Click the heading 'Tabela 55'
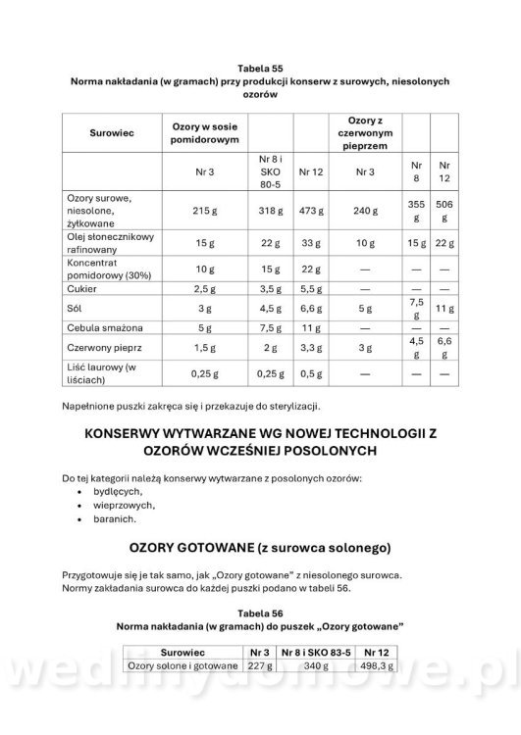[x=260, y=67]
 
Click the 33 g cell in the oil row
[x=310, y=242]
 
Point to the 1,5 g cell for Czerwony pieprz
[x=206, y=348]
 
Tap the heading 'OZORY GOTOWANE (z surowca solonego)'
[x=260, y=546]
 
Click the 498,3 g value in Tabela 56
[x=377, y=665]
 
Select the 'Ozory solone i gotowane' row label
[x=184, y=665]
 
